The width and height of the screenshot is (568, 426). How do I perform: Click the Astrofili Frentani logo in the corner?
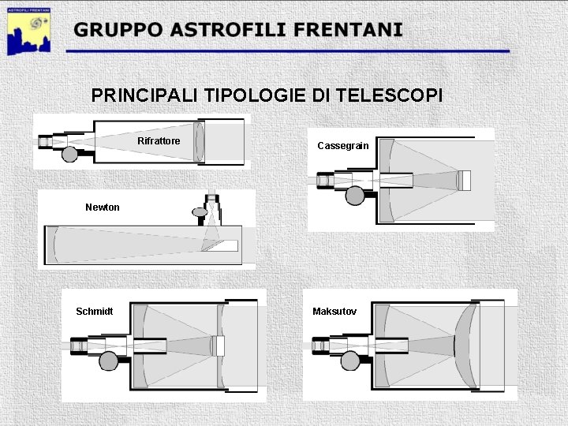pyautogui.click(x=29, y=30)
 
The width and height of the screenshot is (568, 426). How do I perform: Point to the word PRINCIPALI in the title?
pyautogui.click(x=146, y=95)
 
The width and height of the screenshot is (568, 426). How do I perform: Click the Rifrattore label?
pyautogui.click(x=159, y=141)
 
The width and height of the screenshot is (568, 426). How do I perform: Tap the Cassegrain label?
pyautogui.click(x=342, y=146)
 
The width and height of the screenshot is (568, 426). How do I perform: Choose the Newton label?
pyautogui.click(x=103, y=207)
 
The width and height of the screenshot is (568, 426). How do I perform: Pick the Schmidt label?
pyautogui.click(x=94, y=312)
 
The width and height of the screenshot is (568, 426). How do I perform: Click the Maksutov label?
pyautogui.click(x=334, y=312)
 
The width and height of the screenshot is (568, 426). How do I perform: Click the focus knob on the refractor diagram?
pyautogui.click(x=69, y=154)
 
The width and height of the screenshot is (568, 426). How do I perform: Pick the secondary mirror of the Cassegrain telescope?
pyautogui.click(x=465, y=181)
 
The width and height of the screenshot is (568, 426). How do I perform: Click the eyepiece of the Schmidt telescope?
pyautogui.click(x=79, y=346)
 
